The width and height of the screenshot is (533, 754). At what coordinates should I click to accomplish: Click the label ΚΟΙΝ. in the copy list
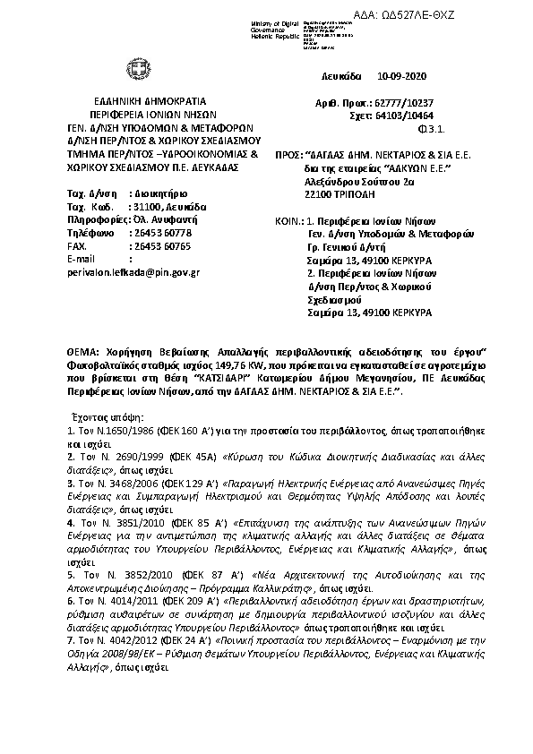point(287,220)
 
